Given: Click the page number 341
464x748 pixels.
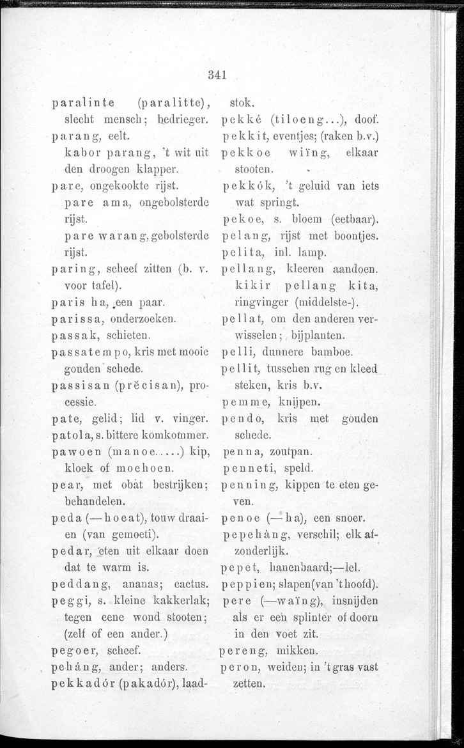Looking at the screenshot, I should [217, 75].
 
